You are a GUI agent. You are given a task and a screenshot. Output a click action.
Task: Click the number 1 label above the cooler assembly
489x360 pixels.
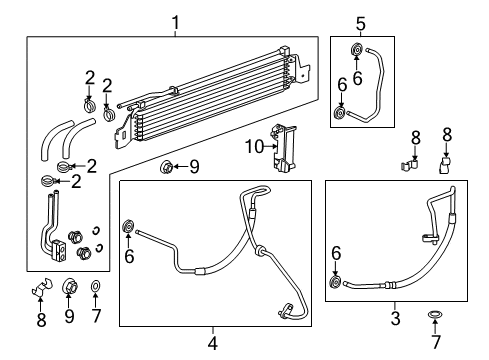click(x=176, y=21)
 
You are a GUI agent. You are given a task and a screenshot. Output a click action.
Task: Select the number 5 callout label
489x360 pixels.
click(x=361, y=21)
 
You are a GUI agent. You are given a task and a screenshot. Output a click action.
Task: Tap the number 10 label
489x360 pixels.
click(x=254, y=147)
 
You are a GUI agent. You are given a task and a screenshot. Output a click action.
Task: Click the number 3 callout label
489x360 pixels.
click(x=396, y=318)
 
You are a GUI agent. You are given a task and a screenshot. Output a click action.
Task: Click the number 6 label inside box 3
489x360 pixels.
click(x=335, y=256)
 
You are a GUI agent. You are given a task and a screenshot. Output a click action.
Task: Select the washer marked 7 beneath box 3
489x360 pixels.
click(x=436, y=317)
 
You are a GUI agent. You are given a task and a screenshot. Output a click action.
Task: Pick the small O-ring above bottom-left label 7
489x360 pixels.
click(x=96, y=289)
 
